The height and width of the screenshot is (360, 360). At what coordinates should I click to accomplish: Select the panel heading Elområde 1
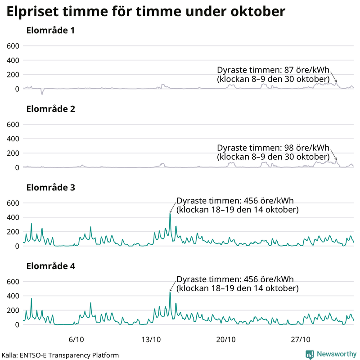point(50,31)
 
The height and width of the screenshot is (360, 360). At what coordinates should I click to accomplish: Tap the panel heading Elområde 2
point(50,109)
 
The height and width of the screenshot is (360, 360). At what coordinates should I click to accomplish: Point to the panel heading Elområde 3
point(50,188)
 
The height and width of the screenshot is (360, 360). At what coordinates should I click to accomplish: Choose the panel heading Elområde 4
point(50,266)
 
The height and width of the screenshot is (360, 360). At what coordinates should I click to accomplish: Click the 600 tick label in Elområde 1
point(12,46)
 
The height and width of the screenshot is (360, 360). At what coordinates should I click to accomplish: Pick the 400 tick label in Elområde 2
point(12,139)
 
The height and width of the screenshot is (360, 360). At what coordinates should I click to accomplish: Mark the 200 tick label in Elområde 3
point(12,232)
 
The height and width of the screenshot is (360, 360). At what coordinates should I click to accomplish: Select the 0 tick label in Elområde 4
point(17,324)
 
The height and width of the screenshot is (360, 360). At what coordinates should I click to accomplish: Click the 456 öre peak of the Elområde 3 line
point(170,213)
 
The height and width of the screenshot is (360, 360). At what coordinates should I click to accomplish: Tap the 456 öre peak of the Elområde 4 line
point(170,292)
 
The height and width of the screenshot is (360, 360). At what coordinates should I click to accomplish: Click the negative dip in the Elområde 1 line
point(42,94)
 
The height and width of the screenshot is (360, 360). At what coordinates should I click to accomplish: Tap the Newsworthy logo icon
point(310,354)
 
